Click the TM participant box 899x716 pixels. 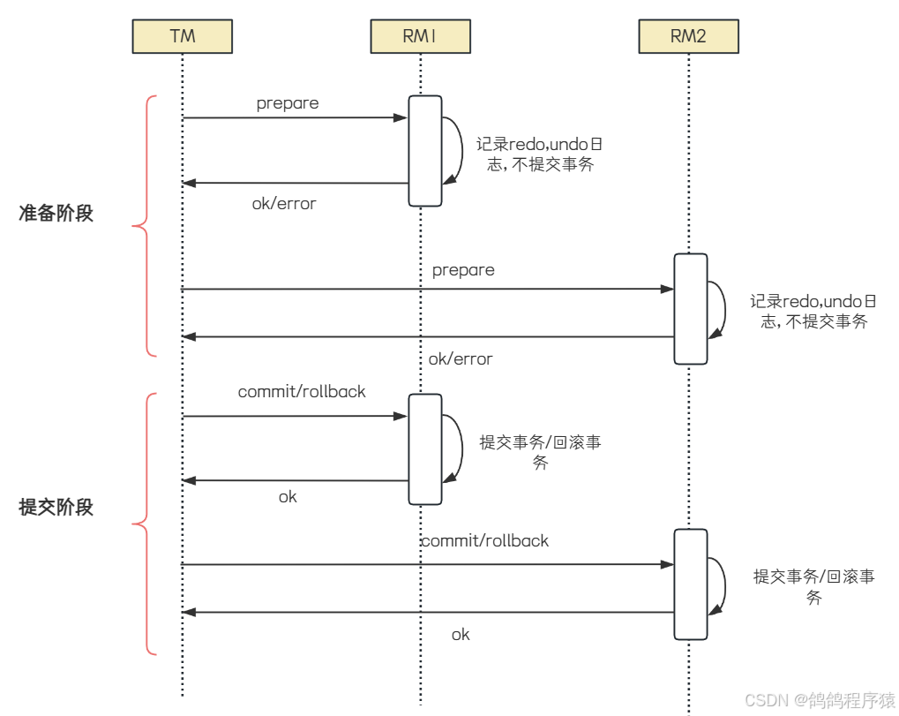point(183,36)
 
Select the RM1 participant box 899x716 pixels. point(421,36)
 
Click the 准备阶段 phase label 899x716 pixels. point(56,214)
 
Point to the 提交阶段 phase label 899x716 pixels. point(56,508)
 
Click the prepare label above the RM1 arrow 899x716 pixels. point(288,103)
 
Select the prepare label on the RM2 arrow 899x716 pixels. point(463,270)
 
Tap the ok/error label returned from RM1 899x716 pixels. point(284,204)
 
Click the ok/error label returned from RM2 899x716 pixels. point(461,359)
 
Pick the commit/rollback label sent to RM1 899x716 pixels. point(302,391)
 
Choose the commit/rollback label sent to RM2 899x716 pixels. point(484,540)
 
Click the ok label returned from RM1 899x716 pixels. point(288,497)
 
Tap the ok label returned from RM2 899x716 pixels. point(461,635)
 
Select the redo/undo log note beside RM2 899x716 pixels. point(813,312)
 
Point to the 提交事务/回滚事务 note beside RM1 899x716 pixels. point(540,452)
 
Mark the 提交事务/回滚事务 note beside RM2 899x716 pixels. point(813,586)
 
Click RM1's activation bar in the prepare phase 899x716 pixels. point(424,150)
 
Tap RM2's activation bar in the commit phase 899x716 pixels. point(691,584)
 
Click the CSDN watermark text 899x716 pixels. point(820,700)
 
